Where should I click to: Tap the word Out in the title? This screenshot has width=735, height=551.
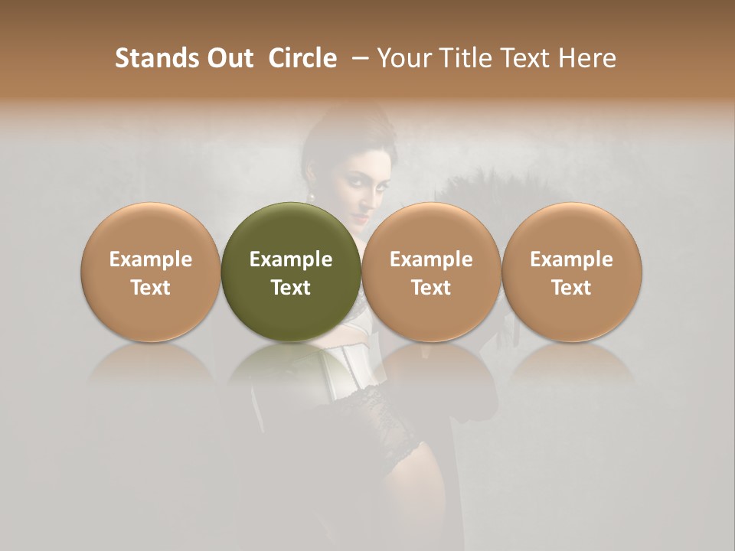pyautogui.click(x=229, y=58)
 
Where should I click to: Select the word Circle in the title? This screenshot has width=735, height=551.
pyautogui.click(x=302, y=58)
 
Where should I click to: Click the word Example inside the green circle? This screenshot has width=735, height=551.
pyautogui.click(x=291, y=259)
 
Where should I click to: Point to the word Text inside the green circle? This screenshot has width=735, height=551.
pyautogui.click(x=291, y=288)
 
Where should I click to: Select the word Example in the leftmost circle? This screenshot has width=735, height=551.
pyautogui.click(x=150, y=259)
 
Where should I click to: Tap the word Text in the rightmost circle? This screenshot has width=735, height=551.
pyautogui.click(x=572, y=288)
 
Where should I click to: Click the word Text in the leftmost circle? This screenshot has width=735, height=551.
pyautogui.click(x=150, y=288)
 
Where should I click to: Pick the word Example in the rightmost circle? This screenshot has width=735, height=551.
pyautogui.click(x=572, y=259)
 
